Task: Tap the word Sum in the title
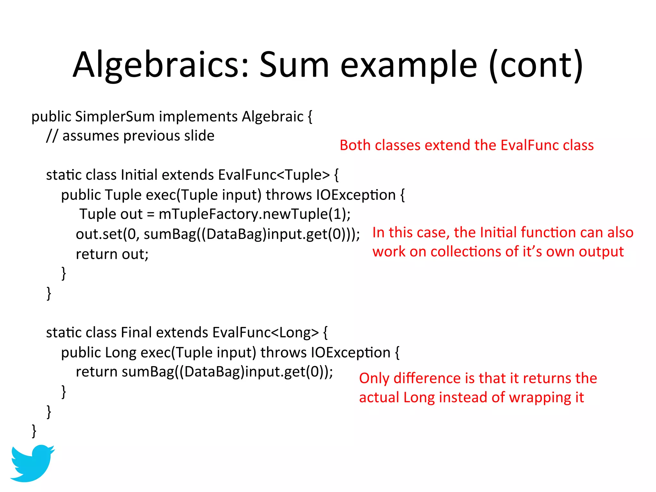(294, 65)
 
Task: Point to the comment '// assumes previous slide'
(130, 136)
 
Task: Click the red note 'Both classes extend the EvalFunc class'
(466, 145)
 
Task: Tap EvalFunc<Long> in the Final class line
(266, 333)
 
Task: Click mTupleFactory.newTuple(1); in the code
(255, 214)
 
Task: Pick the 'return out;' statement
(112, 254)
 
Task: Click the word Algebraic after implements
(273, 117)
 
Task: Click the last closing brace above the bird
(34, 431)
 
